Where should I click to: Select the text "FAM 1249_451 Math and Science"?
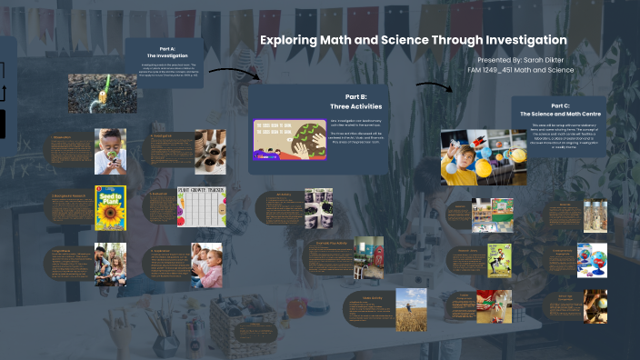(520, 69)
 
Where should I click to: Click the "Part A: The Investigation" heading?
(167, 52)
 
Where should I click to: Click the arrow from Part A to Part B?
(235, 72)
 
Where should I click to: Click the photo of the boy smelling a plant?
(110, 150)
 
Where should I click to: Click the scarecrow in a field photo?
(411, 308)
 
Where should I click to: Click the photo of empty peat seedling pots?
(205, 150)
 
